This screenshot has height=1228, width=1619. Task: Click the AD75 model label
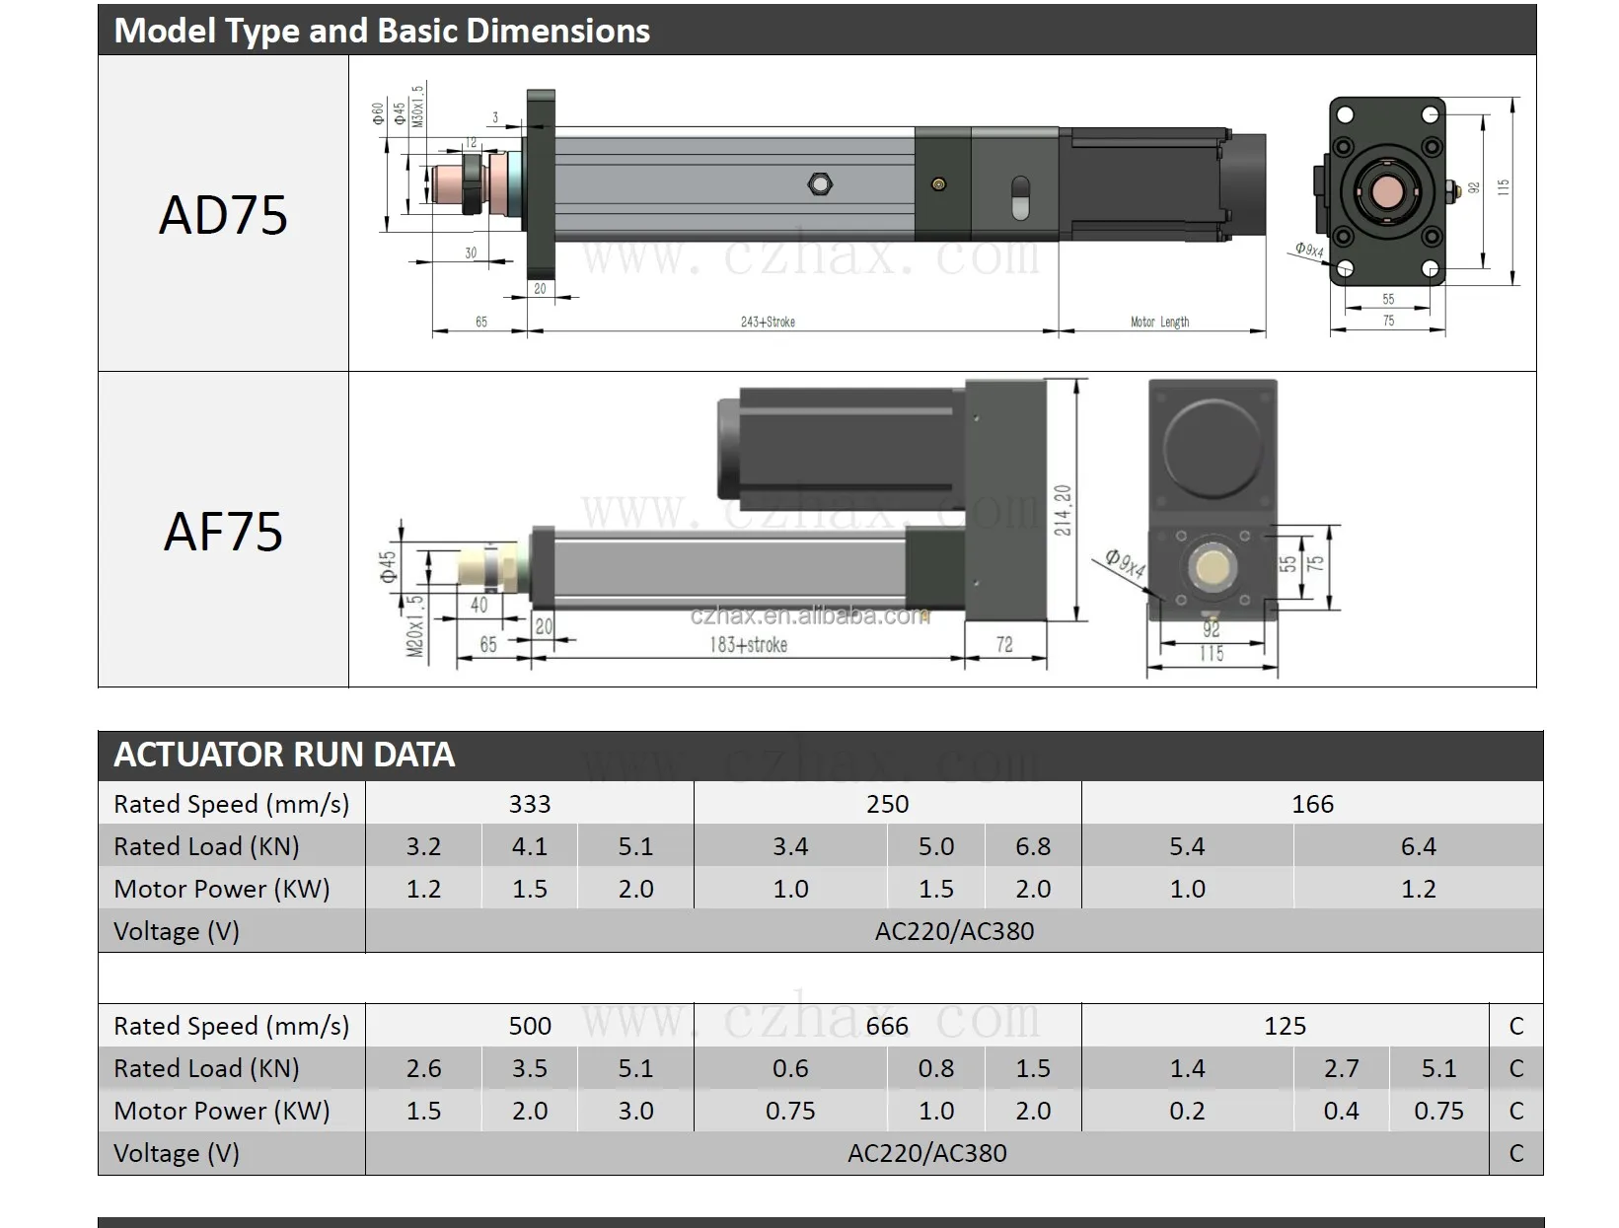(x=223, y=214)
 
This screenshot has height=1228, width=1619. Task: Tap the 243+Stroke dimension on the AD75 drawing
(x=768, y=322)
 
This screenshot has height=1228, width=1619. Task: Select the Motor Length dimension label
(x=1159, y=322)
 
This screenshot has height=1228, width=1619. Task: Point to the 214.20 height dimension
(x=1063, y=510)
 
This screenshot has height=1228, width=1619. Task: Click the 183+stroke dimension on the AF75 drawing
(x=749, y=644)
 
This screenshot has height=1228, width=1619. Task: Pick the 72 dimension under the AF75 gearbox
(x=1004, y=644)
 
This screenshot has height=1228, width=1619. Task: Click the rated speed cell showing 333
(x=530, y=804)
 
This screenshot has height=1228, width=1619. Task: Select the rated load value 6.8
(x=1033, y=846)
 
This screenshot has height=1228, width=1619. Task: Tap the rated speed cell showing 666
(x=887, y=1026)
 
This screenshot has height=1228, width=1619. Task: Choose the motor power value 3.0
(x=635, y=1111)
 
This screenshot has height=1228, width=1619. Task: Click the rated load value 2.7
(x=1341, y=1068)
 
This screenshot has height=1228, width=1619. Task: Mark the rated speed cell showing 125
(x=1285, y=1026)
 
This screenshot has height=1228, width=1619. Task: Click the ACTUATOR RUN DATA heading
(x=284, y=755)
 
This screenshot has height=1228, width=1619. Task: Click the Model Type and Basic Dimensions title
(x=382, y=31)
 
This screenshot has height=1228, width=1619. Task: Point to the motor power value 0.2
(x=1187, y=1111)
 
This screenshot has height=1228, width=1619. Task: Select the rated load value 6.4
(x=1418, y=846)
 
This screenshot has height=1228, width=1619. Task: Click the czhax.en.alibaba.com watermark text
(x=809, y=616)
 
